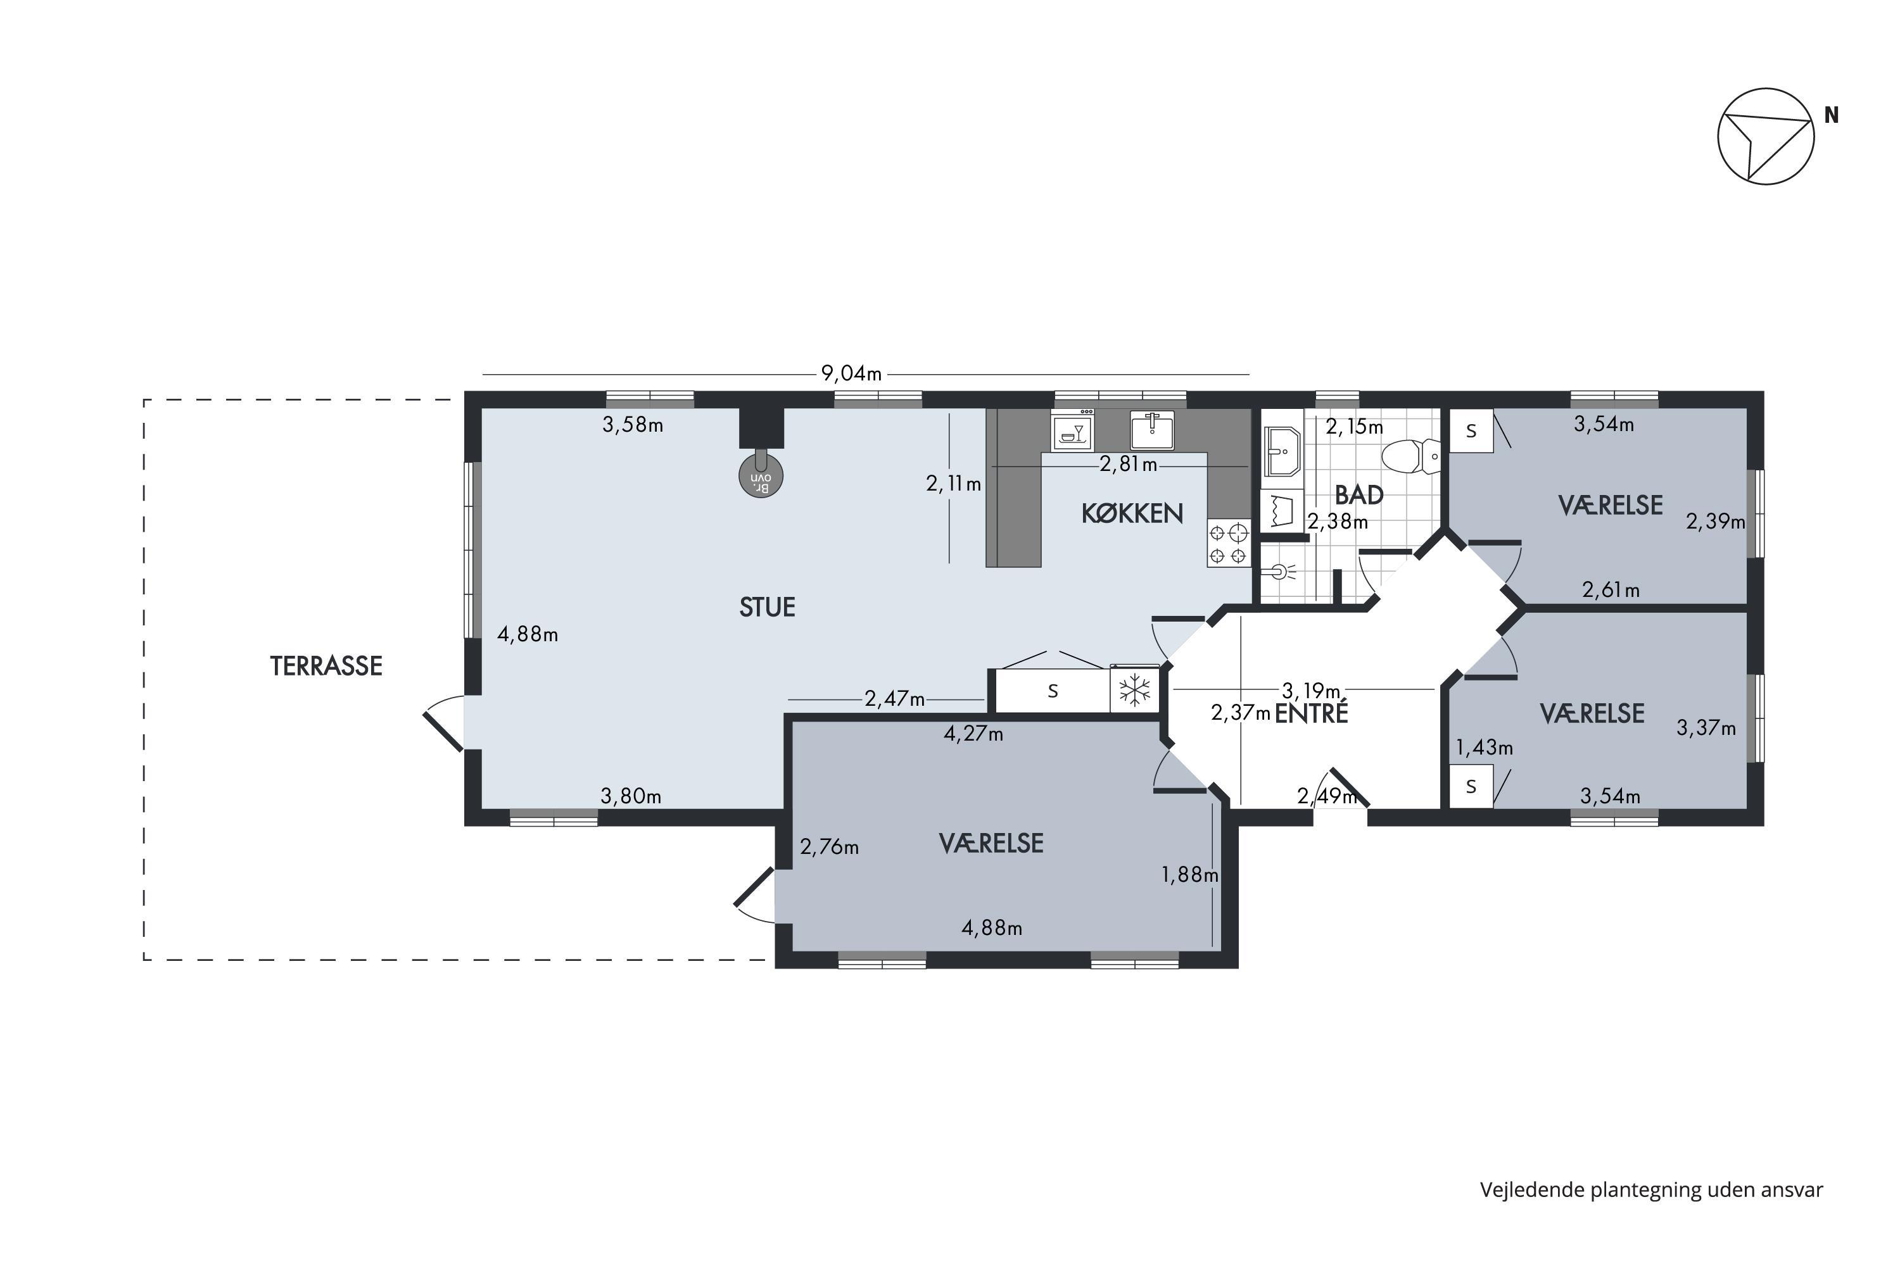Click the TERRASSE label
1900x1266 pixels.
click(326, 666)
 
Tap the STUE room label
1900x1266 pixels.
click(768, 607)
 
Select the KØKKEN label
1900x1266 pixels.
click(1132, 513)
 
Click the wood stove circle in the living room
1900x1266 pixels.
click(761, 475)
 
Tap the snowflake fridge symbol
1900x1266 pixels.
click(1134, 691)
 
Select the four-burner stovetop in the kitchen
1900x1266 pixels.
click(1229, 543)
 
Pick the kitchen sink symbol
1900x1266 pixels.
click(1152, 430)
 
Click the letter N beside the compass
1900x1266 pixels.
click(1832, 115)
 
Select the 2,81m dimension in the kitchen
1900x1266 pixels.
click(1129, 465)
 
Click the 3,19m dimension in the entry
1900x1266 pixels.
click(1311, 691)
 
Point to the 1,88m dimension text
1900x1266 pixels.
click(1190, 874)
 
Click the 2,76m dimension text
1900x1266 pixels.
click(830, 847)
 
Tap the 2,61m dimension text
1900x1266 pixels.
click(1611, 590)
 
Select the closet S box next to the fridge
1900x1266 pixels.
click(1053, 691)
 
